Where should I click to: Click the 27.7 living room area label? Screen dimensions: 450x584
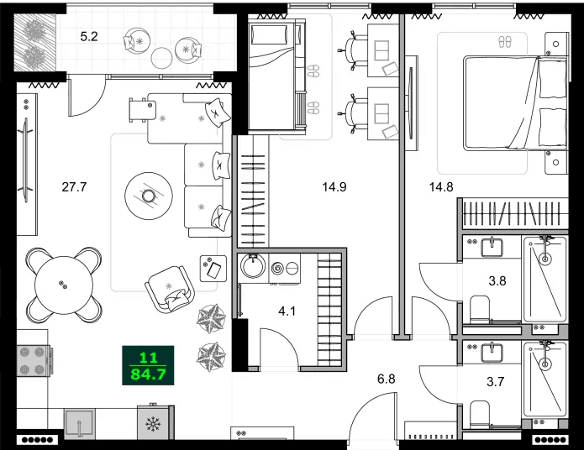[x=74, y=187]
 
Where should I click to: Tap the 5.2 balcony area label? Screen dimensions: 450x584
[x=89, y=37]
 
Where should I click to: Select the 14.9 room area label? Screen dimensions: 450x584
[x=334, y=187]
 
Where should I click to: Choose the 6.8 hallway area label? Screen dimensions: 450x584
[x=386, y=379]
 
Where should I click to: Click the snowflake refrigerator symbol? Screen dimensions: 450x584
[x=153, y=425]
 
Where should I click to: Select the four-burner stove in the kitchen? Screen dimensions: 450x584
[x=32, y=361]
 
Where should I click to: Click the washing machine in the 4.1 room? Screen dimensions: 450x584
[x=252, y=269]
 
